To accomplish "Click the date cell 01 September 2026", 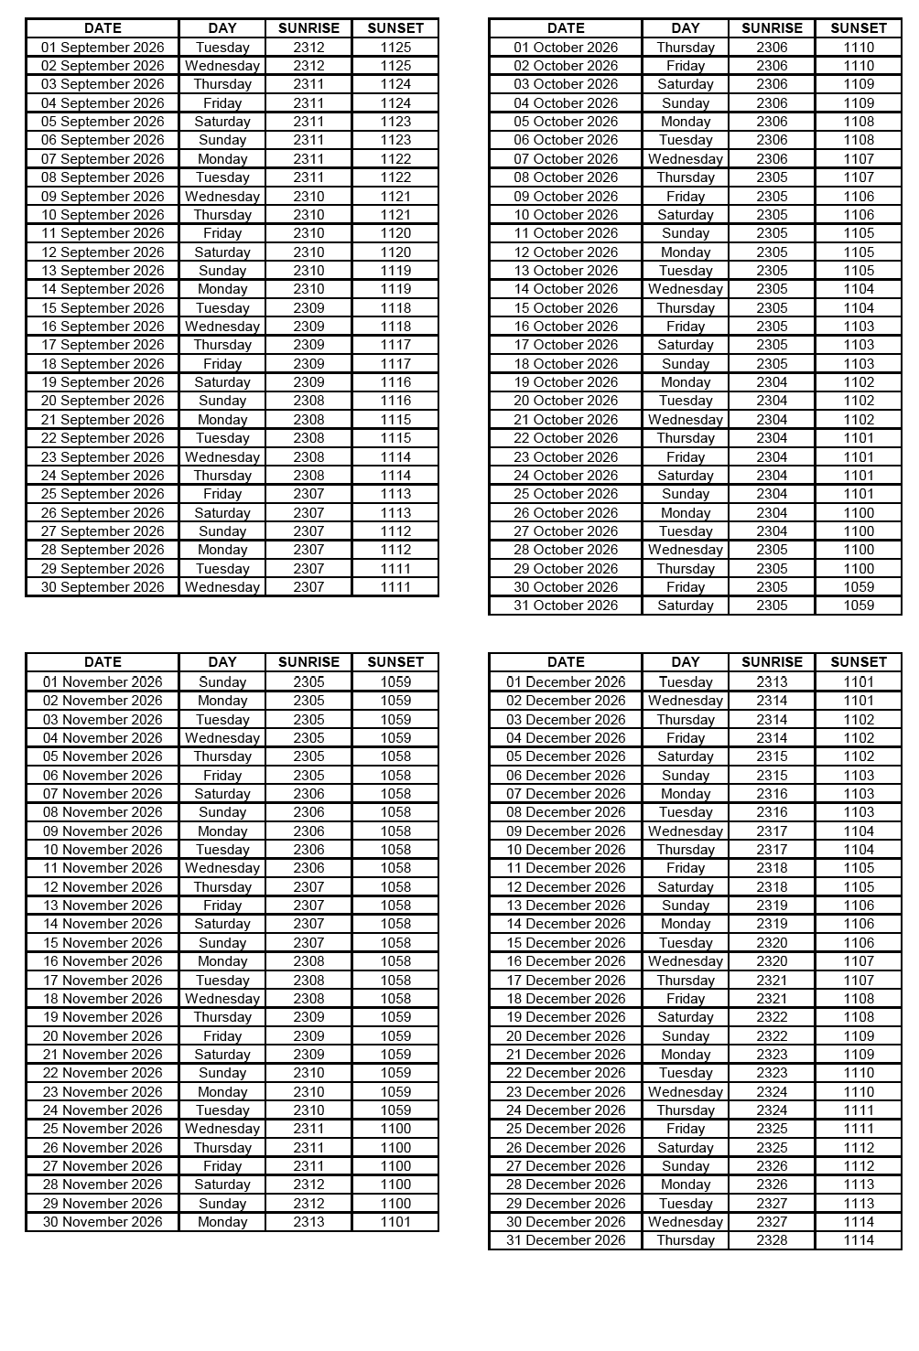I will pos(103,48).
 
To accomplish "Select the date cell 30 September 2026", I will pos(103,587).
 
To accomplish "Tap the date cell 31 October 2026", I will pos(566,606).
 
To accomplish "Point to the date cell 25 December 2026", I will pos(566,1129).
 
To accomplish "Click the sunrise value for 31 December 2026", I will pos(772,1240).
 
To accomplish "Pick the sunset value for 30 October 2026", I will pos(859,587).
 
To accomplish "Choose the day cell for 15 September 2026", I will pos(222,308).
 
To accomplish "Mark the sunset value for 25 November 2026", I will pos(395,1129).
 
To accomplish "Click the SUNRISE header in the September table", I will pos(308,28).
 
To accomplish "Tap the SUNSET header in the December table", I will pos(859,662).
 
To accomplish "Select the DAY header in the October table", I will pos(685,28).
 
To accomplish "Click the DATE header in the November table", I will pos(103,662).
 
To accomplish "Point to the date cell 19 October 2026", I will pos(566,382).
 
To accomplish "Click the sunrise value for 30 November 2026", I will pos(308,1222).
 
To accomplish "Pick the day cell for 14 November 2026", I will pos(222,924).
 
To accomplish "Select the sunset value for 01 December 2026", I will pos(859,681).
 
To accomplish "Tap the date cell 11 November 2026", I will pos(103,868).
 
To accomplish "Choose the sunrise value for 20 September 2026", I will pos(308,401).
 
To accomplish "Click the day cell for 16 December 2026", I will pos(685,961).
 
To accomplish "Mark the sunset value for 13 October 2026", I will pos(859,271).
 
